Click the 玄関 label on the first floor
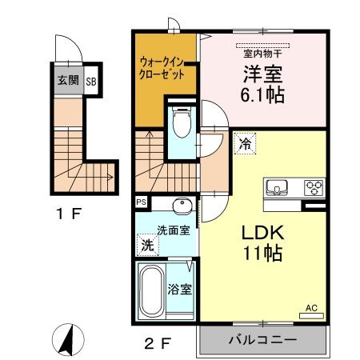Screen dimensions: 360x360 67,81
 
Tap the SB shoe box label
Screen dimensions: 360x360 90,82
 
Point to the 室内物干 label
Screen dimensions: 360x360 263,54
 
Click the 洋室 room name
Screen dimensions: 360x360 263,74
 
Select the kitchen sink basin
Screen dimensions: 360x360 277,188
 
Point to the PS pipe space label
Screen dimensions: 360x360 142,202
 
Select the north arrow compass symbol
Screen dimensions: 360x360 67,341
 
